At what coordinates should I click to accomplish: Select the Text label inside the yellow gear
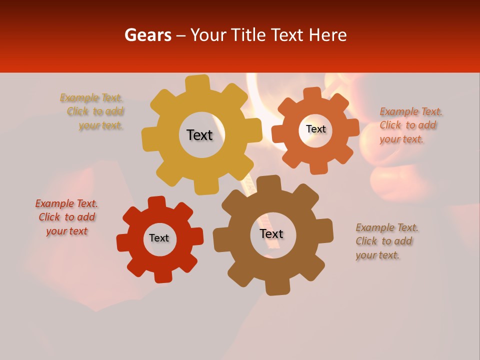tap(199, 135)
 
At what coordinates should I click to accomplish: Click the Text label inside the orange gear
tap(315, 129)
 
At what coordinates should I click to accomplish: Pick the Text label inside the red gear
tap(159, 238)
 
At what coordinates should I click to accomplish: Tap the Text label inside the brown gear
tap(271, 234)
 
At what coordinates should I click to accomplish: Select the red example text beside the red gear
tap(66, 217)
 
